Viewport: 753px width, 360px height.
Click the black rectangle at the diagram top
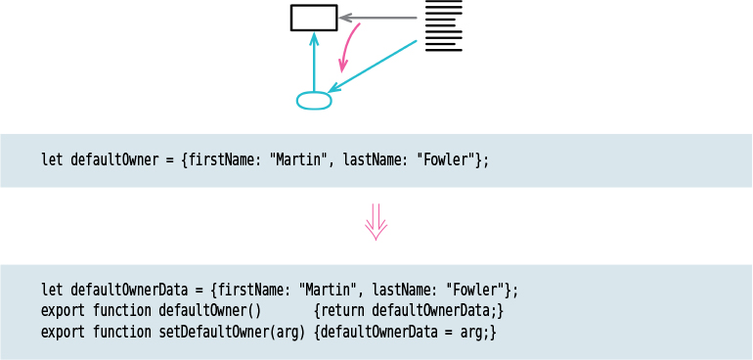[314, 18]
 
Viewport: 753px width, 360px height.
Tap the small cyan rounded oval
[314, 101]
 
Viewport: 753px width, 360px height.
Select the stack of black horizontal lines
[443, 27]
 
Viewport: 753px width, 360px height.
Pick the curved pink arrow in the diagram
[347, 47]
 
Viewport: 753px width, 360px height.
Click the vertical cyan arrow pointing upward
[314, 63]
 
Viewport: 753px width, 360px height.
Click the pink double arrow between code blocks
[376, 223]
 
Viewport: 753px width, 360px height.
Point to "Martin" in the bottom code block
[327, 290]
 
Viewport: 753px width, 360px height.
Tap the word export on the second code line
[63, 311]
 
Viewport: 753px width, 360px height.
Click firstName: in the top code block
[224, 159]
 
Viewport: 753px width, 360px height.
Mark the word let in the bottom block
[52, 290]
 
